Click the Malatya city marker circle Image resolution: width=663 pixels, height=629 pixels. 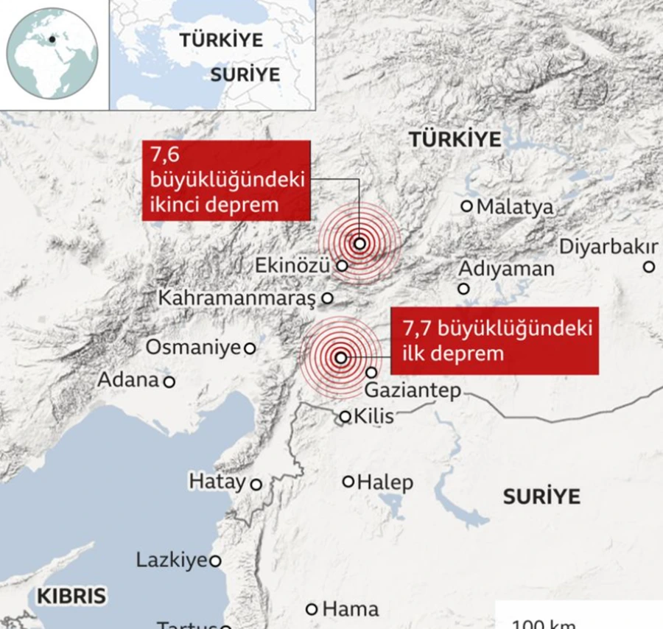pos(466,206)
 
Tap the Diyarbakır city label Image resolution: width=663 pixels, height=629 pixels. pos(608,247)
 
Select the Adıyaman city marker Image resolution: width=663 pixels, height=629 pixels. pos(464,289)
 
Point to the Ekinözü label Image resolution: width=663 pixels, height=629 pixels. pos(292,266)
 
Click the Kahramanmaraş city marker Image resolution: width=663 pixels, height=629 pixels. pos(328,299)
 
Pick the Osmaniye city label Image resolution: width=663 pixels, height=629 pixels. pos(193,347)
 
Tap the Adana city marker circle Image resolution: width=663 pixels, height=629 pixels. pos(169,382)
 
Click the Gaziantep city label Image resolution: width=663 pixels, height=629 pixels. pos(413,390)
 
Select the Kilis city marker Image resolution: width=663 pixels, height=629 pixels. pos(345,417)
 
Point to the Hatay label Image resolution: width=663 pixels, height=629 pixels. pos(217,482)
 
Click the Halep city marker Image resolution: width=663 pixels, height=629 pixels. pos(348,482)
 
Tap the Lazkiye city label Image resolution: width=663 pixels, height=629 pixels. pos(171,561)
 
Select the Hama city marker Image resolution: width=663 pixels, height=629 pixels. pos(312,609)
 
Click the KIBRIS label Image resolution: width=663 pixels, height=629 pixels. pos(71,596)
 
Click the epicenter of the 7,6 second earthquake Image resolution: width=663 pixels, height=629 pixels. pos(359,244)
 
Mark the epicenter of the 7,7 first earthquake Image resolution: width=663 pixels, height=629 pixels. pos(340,358)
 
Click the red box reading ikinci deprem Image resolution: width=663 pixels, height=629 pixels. pos(225,180)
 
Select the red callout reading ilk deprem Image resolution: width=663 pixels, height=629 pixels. pos(494,340)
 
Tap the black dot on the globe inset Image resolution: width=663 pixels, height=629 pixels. pos(53,40)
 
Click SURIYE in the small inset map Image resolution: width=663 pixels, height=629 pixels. pos(245,74)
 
